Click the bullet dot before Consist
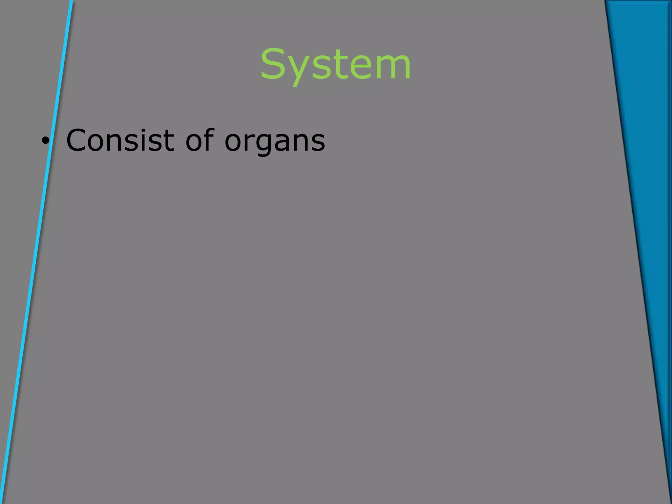[x=45, y=141]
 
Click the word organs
[x=275, y=142]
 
